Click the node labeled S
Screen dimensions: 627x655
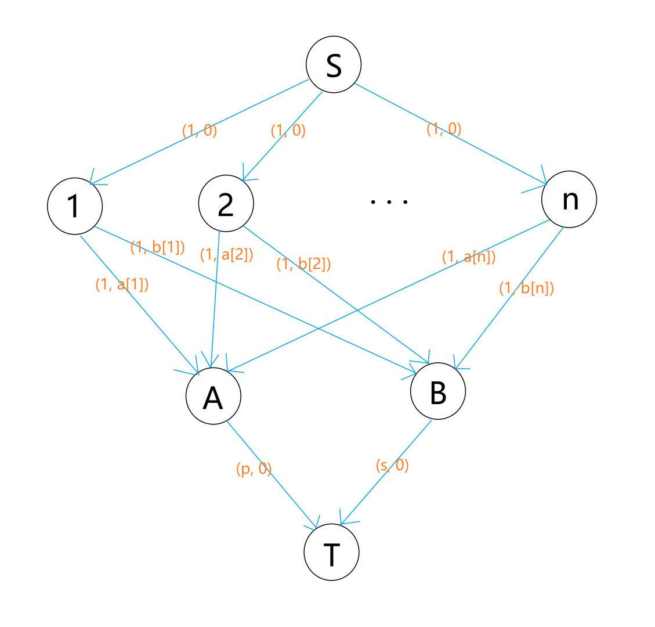click(334, 64)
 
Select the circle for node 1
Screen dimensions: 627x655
click(75, 207)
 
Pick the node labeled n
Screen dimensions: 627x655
click(569, 199)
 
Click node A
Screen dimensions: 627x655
click(213, 397)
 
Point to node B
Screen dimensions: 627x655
click(437, 392)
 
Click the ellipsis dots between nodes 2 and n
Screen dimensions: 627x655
click(389, 202)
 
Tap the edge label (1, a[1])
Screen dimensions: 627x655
click(122, 284)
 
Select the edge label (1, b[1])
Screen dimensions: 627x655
click(158, 247)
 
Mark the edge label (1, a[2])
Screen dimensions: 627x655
click(226, 254)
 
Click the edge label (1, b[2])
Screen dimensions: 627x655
click(303, 264)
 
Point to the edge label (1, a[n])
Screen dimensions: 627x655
click(469, 256)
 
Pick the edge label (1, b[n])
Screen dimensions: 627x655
click(526, 288)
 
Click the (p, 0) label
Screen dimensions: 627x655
click(254, 469)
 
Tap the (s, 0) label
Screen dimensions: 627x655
click(392, 465)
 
